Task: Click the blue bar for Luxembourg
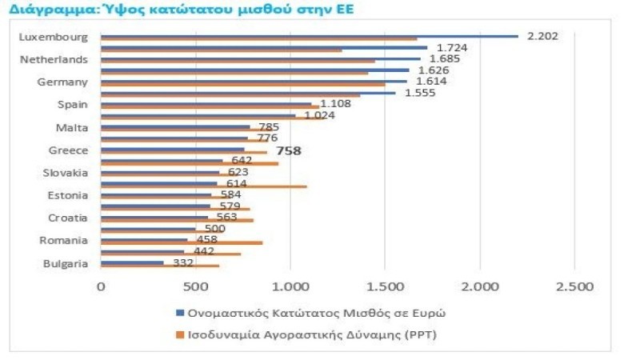pos(309,35)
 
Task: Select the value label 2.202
pos(542,35)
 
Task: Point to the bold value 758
pos(288,150)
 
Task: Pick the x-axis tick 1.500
pos(385,286)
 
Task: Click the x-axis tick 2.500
pos(574,286)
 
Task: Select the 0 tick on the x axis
pos(101,286)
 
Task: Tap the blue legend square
pos(178,313)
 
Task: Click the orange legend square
pos(178,333)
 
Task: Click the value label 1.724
pos(451,47)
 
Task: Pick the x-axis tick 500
pos(195,286)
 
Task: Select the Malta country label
pos(73,127)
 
